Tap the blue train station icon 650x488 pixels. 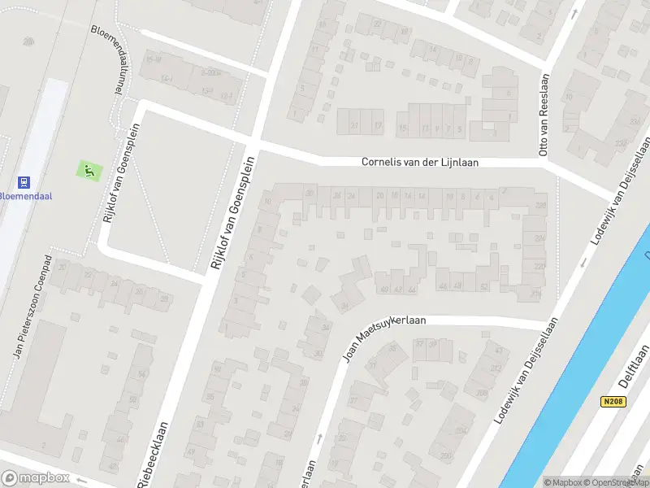pos(24,182)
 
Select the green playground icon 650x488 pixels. pos(89,171)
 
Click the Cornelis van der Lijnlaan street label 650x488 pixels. pos(419,163)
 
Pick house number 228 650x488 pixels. pos(540,205)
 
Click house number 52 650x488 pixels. pos(484,285)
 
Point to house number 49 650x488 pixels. pos(383,289)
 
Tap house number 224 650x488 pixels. pos(539,238)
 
